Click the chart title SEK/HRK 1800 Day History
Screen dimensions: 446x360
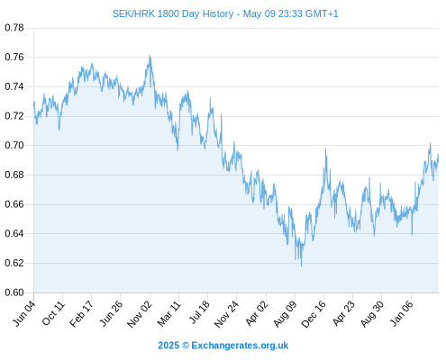(173, 13)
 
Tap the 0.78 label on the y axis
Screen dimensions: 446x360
(14, 28)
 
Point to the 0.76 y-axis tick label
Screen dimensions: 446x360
(14, 57)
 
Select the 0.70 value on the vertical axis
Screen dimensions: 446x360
(14, 146)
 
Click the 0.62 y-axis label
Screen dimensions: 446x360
(14, 263)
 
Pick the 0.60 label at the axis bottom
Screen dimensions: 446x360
(14, 292)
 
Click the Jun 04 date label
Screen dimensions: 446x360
(23, 314)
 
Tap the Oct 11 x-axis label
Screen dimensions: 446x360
(53, 313)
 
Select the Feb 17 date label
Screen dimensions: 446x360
(81, 314)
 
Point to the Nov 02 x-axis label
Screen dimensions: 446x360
(140, 315)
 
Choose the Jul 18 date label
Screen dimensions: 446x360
(199, 312)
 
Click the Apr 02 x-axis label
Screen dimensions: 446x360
(256, 314)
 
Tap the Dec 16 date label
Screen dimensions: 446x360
(314, 314)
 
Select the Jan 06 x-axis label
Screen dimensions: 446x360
(402, 314)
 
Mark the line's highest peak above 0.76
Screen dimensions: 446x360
(150, 56)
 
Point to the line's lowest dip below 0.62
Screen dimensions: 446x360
(301, 265)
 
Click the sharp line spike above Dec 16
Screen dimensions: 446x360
(326, 149)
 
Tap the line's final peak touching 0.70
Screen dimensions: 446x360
(430, 143)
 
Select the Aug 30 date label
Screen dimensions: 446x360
(372, 314)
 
